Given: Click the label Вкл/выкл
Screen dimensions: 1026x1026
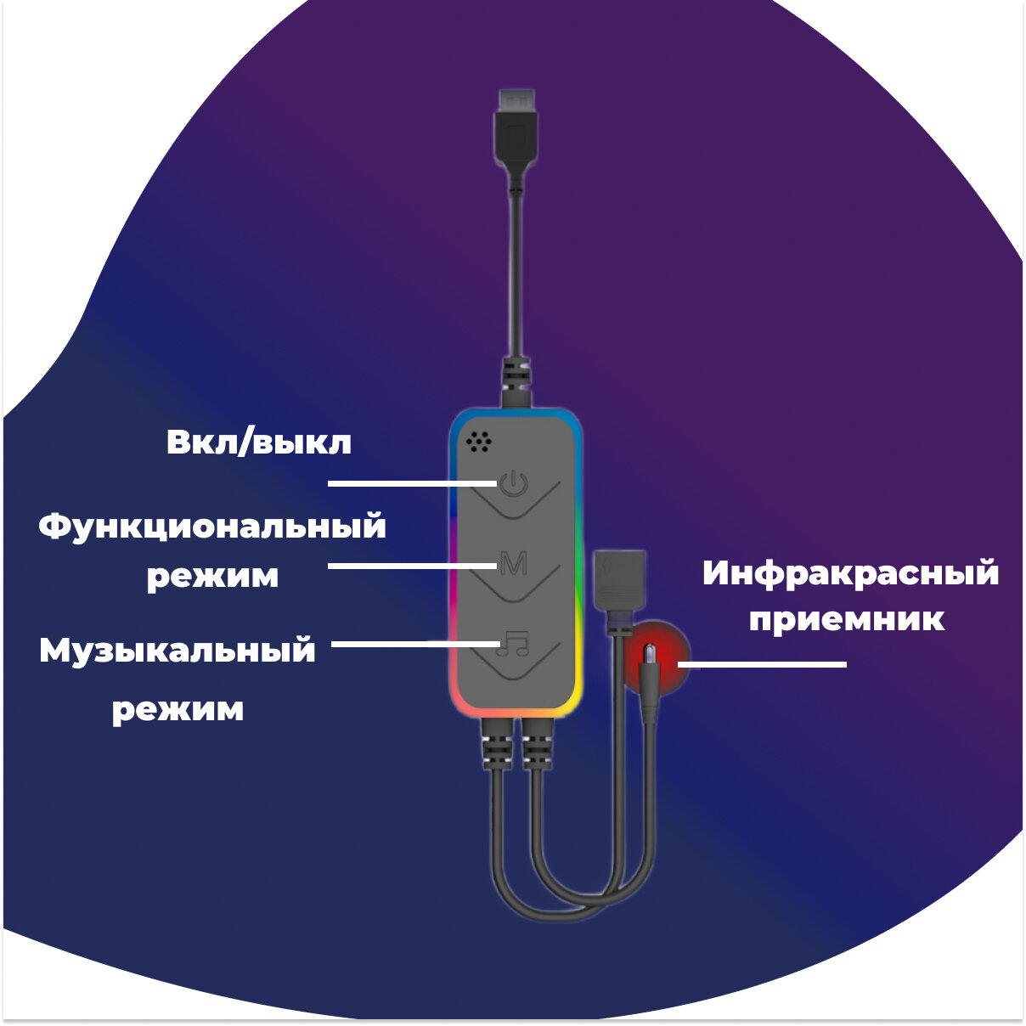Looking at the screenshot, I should point(258,443).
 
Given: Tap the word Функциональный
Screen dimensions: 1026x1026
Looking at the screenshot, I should point(212,527).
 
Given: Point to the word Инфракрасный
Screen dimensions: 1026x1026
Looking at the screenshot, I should point(850,574).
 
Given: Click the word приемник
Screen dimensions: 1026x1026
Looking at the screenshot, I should point(846,619).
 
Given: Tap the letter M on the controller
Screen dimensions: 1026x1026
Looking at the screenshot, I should point(513,563).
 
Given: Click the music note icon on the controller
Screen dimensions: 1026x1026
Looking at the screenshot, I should point(513,643).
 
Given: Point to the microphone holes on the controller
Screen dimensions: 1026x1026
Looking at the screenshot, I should point(478,441).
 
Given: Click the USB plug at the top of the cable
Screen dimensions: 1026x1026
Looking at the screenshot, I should point(516,127).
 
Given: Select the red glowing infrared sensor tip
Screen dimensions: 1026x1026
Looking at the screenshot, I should point(651,657).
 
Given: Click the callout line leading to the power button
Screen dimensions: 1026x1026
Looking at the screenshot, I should point(412,483).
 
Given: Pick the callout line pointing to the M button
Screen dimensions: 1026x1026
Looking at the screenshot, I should point(412,565).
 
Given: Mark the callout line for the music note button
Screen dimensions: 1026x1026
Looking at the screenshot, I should point(414,644).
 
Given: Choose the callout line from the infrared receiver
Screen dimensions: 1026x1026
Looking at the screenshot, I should point(763,664).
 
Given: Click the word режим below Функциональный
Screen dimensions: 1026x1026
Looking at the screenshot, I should point(212,576).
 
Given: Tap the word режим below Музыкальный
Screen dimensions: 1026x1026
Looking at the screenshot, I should point(178,708).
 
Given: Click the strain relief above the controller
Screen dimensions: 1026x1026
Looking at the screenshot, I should point(516,380).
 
